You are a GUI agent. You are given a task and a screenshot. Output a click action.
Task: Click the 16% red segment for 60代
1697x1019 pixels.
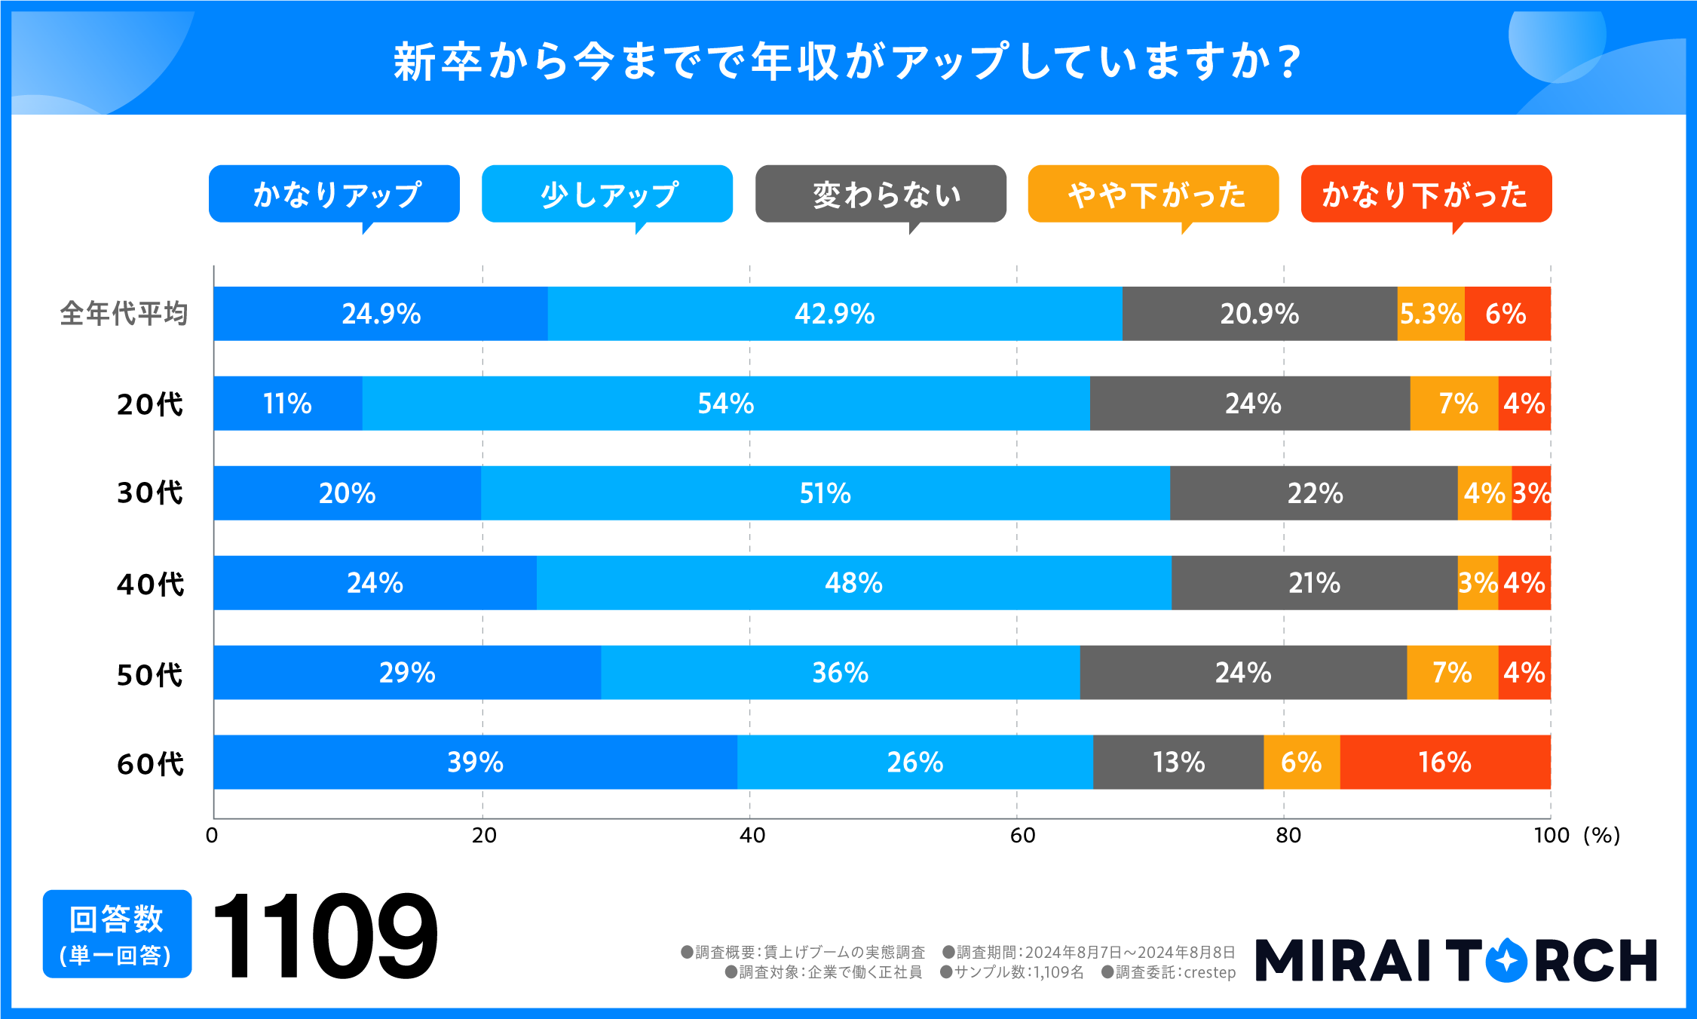tap(1444, 762)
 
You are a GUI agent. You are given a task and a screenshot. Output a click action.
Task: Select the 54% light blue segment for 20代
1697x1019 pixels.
tap(725, 404)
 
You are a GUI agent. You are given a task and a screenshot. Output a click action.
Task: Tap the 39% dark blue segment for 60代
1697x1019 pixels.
tap(475, 762)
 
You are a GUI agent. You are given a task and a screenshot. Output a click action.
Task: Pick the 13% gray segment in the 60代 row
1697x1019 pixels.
tap(1178, 762)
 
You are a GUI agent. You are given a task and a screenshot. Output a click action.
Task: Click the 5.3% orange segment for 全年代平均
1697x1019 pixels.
tap(1430, 314)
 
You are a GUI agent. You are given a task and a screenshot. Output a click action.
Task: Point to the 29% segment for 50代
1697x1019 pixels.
tap(407, 672)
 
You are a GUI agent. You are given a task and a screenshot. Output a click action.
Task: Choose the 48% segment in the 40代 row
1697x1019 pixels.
tap(853, 583)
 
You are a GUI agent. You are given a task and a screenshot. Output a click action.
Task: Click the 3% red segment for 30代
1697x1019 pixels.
tap(1531, 493)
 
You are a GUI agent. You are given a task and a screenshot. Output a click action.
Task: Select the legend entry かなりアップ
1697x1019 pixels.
tap(334, 195)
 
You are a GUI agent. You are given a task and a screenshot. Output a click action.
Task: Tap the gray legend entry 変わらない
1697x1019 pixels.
tap(881, 195)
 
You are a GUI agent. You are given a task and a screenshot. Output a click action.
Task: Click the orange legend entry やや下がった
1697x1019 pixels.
tap(1153, 195)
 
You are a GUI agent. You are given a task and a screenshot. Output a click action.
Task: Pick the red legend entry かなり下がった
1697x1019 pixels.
tap(1426, 195)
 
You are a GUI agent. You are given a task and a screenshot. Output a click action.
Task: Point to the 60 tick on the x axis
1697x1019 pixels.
tap(1022, 835)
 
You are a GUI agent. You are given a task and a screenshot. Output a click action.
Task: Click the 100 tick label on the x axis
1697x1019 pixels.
tap(1551, 835)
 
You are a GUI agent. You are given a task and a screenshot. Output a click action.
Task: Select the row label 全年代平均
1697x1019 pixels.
tap(124, 314)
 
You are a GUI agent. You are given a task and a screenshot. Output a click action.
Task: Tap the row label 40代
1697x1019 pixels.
tap(150, 584)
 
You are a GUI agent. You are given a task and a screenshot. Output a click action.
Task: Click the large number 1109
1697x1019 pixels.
tap(324, 935)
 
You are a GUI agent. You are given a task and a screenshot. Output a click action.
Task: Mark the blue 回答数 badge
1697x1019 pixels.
tap(117, 934)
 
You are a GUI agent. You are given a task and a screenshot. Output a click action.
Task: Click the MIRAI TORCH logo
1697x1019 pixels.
tap(1455, 960)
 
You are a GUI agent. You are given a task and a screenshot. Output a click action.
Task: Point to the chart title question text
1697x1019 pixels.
tap(847, 62)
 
